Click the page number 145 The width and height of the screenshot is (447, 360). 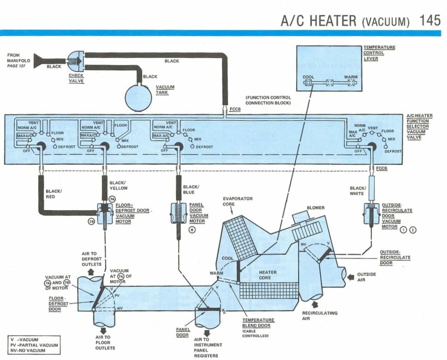(x=430, y=20)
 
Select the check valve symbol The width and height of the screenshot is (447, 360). (x=76, y=61)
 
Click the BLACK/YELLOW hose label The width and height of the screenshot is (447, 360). (x=119, y=185)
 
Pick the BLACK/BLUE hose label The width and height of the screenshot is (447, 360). (x=191, y=189)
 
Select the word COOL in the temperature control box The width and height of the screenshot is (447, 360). (x=308, y=77)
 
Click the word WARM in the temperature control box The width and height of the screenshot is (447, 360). (x=351, y=77)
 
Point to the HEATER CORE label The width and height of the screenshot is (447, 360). (x=267, y=275)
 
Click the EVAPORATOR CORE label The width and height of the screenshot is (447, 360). (x=238, y=201)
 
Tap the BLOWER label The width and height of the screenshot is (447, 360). (x=315, y=208)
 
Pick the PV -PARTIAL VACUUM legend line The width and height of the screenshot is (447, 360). (x=34, y=345)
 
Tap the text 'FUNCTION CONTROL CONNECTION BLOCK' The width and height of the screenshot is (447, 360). (x=268, y=100)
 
